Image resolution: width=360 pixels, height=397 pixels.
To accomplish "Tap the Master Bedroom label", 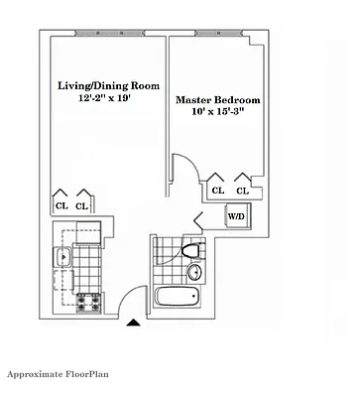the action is [216, 100].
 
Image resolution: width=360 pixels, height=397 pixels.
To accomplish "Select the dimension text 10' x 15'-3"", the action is [216, 114].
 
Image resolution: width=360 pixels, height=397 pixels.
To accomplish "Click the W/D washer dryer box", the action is [237, 214].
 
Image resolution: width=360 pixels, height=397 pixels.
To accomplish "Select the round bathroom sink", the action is [195, 272].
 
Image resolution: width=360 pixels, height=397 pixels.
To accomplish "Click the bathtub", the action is [178, 299].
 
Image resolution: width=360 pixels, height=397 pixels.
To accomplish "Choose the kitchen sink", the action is [62, 258].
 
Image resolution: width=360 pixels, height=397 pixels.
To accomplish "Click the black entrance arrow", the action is [134, 321].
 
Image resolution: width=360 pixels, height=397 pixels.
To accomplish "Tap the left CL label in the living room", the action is [60, 205].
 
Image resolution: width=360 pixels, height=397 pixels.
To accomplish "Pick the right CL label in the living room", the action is [82, 205].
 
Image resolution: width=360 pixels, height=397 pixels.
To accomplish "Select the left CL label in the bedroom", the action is [217, 190].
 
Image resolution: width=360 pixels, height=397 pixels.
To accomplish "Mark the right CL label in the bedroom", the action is [241, 190].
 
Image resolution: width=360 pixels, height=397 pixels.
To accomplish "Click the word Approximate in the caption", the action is [38, 374].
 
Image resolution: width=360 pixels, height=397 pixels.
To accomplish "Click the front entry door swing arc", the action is [121, 295].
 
